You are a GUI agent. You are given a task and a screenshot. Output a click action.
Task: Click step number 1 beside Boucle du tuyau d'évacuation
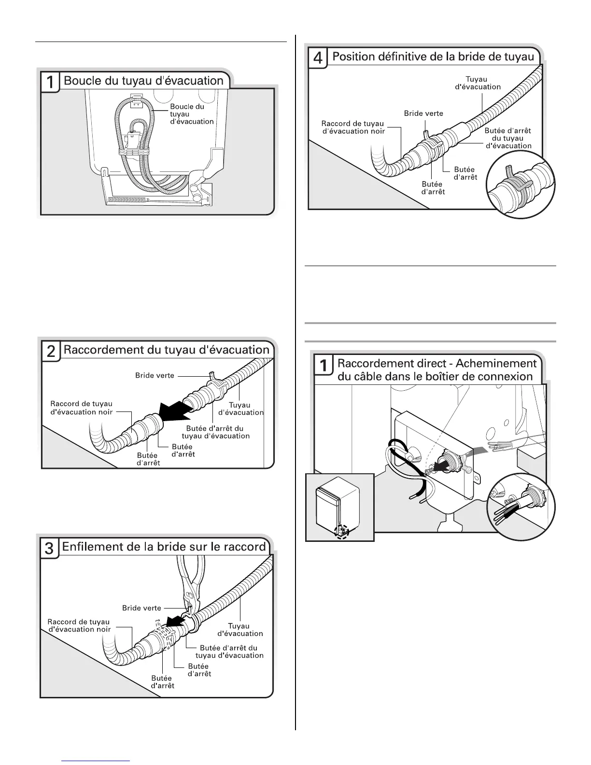click(x=50, y=82)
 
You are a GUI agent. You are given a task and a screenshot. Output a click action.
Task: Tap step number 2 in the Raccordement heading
click(x=51, y=351)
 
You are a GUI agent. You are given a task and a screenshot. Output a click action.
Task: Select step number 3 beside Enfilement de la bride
click(x=49, y=548)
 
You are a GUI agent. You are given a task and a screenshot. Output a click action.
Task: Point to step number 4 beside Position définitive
click(x=318, y=58)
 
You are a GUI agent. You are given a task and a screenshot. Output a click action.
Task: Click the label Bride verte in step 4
click(x=423, y=113)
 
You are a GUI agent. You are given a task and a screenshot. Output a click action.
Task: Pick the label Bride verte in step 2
click(x=155, y=375)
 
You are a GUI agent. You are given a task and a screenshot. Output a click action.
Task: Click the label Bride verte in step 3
click(x=141, y=608)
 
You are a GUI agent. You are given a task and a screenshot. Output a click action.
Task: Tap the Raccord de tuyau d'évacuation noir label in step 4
click(x=353, y=127)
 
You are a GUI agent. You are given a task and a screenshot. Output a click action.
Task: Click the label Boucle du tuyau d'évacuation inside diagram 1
click(x=191, y=114)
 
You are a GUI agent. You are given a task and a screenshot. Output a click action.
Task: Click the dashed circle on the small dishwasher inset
click(x=342, y=531)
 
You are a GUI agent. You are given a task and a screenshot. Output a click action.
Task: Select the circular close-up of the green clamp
click(x=521, y=185)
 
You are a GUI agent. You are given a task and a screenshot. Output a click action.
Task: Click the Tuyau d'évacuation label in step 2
click(x=240, y=409)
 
